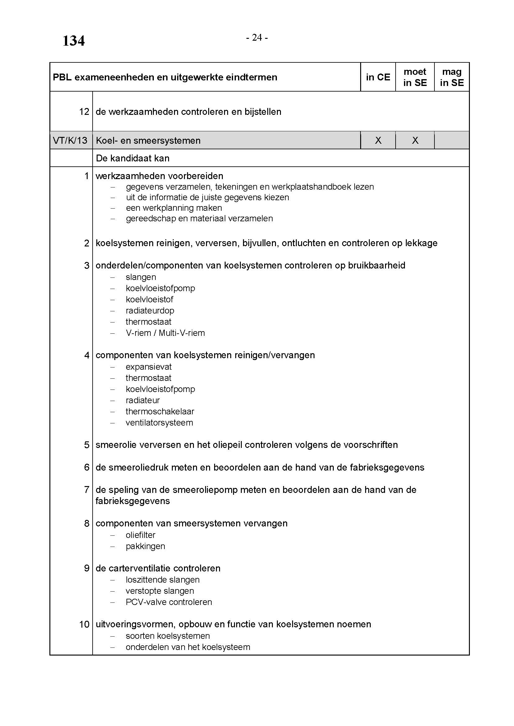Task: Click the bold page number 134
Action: pyautogui.click(x=73, y=41)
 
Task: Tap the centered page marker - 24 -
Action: pyautogui.click(x=257, y=38)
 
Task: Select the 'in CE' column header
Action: pyautogui.click(x=378, y=77)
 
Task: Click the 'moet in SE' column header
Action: pyautogui.click(x=415, y=77)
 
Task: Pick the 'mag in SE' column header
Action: pyautogui.click(x=452, y=77)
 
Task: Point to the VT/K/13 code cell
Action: pyautogui.click(x=70, y=140)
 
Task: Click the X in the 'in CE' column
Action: pyautogui.click(x=378, y=140)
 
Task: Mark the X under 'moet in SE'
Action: pyautogui.click(x=415, y=140)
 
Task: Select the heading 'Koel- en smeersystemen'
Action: pyautogui.click(x=148, y=140)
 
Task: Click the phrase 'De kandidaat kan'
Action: pyautogui.click(x=133, y=158)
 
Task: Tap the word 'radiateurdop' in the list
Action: pyautogui.click(x=150, y=310)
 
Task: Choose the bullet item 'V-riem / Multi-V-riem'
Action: pyautogui.click(x=165, y=333)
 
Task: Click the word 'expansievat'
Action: pyautogui.click(x=149, y=367)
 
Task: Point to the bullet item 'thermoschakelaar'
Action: pyautogui.click(x=160, y=411)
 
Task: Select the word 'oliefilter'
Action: pyautogui.click(x=140, y=535)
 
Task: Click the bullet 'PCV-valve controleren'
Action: pyautogui.click(x=169, y=602)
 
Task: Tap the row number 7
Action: pyautogui.click(x=87, y=490)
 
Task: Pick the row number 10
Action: pyautogui.click(x=84, y=624)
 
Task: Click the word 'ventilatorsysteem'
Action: pyautogui.click(x=159, y=423)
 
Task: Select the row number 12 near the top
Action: pyautogui.click(x=84, y=112)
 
